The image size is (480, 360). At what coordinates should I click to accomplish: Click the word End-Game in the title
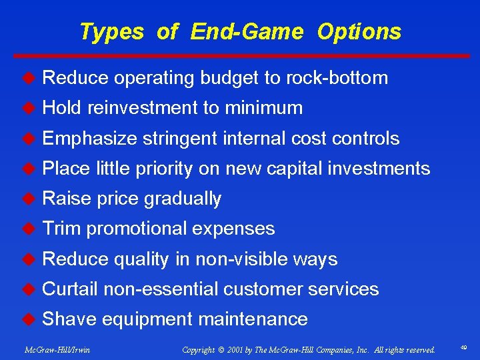pos(247,31)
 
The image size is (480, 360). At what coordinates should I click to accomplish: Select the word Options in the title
pos(359,31)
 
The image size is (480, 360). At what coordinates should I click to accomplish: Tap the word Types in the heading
pos(111,31)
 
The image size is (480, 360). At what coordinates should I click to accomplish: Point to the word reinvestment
pos(154,108)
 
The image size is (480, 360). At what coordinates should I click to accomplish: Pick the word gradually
pos(183,199)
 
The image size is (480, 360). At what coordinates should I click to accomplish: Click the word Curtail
pos(70,289)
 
